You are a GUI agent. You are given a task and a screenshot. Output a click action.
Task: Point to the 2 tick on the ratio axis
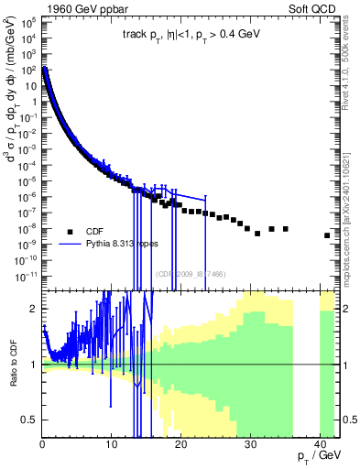point(35,309)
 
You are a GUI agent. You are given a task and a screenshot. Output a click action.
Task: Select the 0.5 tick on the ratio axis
point(31,420)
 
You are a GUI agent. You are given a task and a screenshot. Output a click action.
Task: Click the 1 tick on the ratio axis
point(35,365)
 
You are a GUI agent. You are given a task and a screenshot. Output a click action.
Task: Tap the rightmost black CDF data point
point(327,235)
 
